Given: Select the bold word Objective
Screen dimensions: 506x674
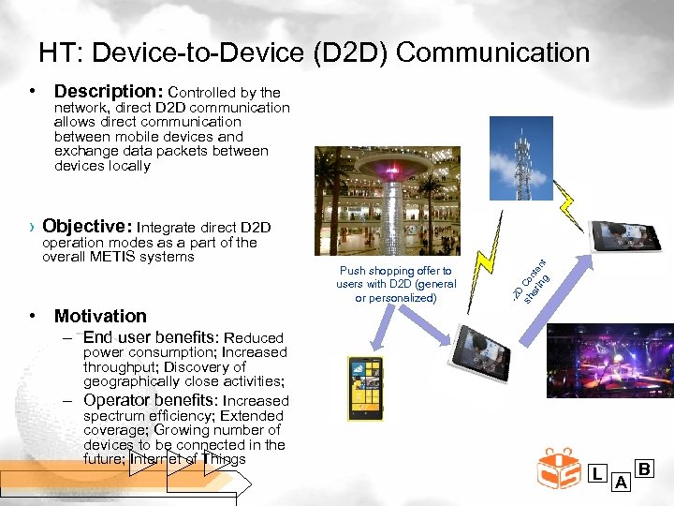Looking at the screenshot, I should [x=87, y=226].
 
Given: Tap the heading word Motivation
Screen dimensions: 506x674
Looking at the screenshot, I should [x=100, y=316].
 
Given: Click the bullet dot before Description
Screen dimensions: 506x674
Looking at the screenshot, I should [x=33, y=92].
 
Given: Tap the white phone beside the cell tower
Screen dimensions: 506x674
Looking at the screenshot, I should [x=627, y=234].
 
